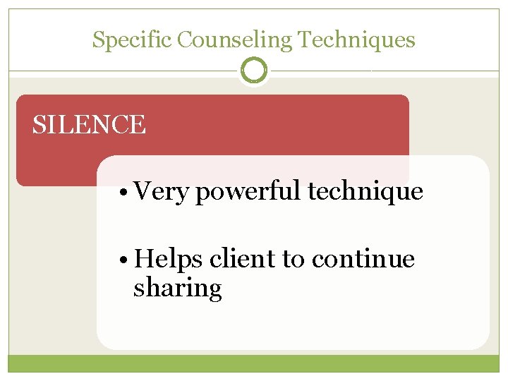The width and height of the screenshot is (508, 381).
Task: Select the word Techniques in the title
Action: (356, 40)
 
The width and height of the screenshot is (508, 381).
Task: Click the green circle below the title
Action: (254, 71)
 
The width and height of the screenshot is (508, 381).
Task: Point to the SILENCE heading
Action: (89, 125)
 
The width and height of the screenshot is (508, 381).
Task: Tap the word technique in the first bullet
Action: (366, 192)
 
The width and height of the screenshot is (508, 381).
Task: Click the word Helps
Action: (169, 260)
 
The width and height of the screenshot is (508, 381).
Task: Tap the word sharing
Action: (177, 288)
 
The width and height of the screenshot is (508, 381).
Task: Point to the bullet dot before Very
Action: (124, 192)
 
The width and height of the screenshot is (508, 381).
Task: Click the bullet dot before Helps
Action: (124, 260)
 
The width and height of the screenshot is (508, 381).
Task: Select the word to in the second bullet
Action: (293, 260)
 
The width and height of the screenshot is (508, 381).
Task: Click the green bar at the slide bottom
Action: (254, 363)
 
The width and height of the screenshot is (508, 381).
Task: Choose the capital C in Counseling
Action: (184, 40)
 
